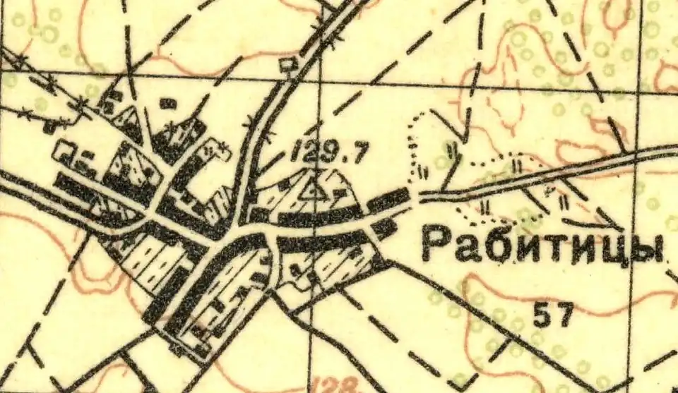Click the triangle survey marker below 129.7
(311, 188)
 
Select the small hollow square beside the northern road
(286, 66)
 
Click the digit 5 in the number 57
(542, 315)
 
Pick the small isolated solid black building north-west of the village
(167, 104)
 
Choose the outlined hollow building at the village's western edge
(66, 150)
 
